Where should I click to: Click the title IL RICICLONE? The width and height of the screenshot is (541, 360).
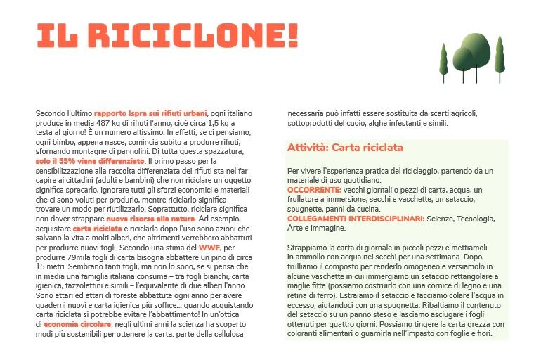coord(167,34)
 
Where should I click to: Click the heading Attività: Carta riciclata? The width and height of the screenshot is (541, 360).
coord(344,148)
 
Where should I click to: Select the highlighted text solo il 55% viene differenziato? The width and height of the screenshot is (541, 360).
coord(84,161)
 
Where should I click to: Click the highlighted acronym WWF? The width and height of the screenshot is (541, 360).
coord(209,248)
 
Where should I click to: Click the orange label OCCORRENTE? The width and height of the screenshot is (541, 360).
coord(314,190)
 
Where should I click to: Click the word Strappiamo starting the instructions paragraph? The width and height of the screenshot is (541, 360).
coord(307,247)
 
